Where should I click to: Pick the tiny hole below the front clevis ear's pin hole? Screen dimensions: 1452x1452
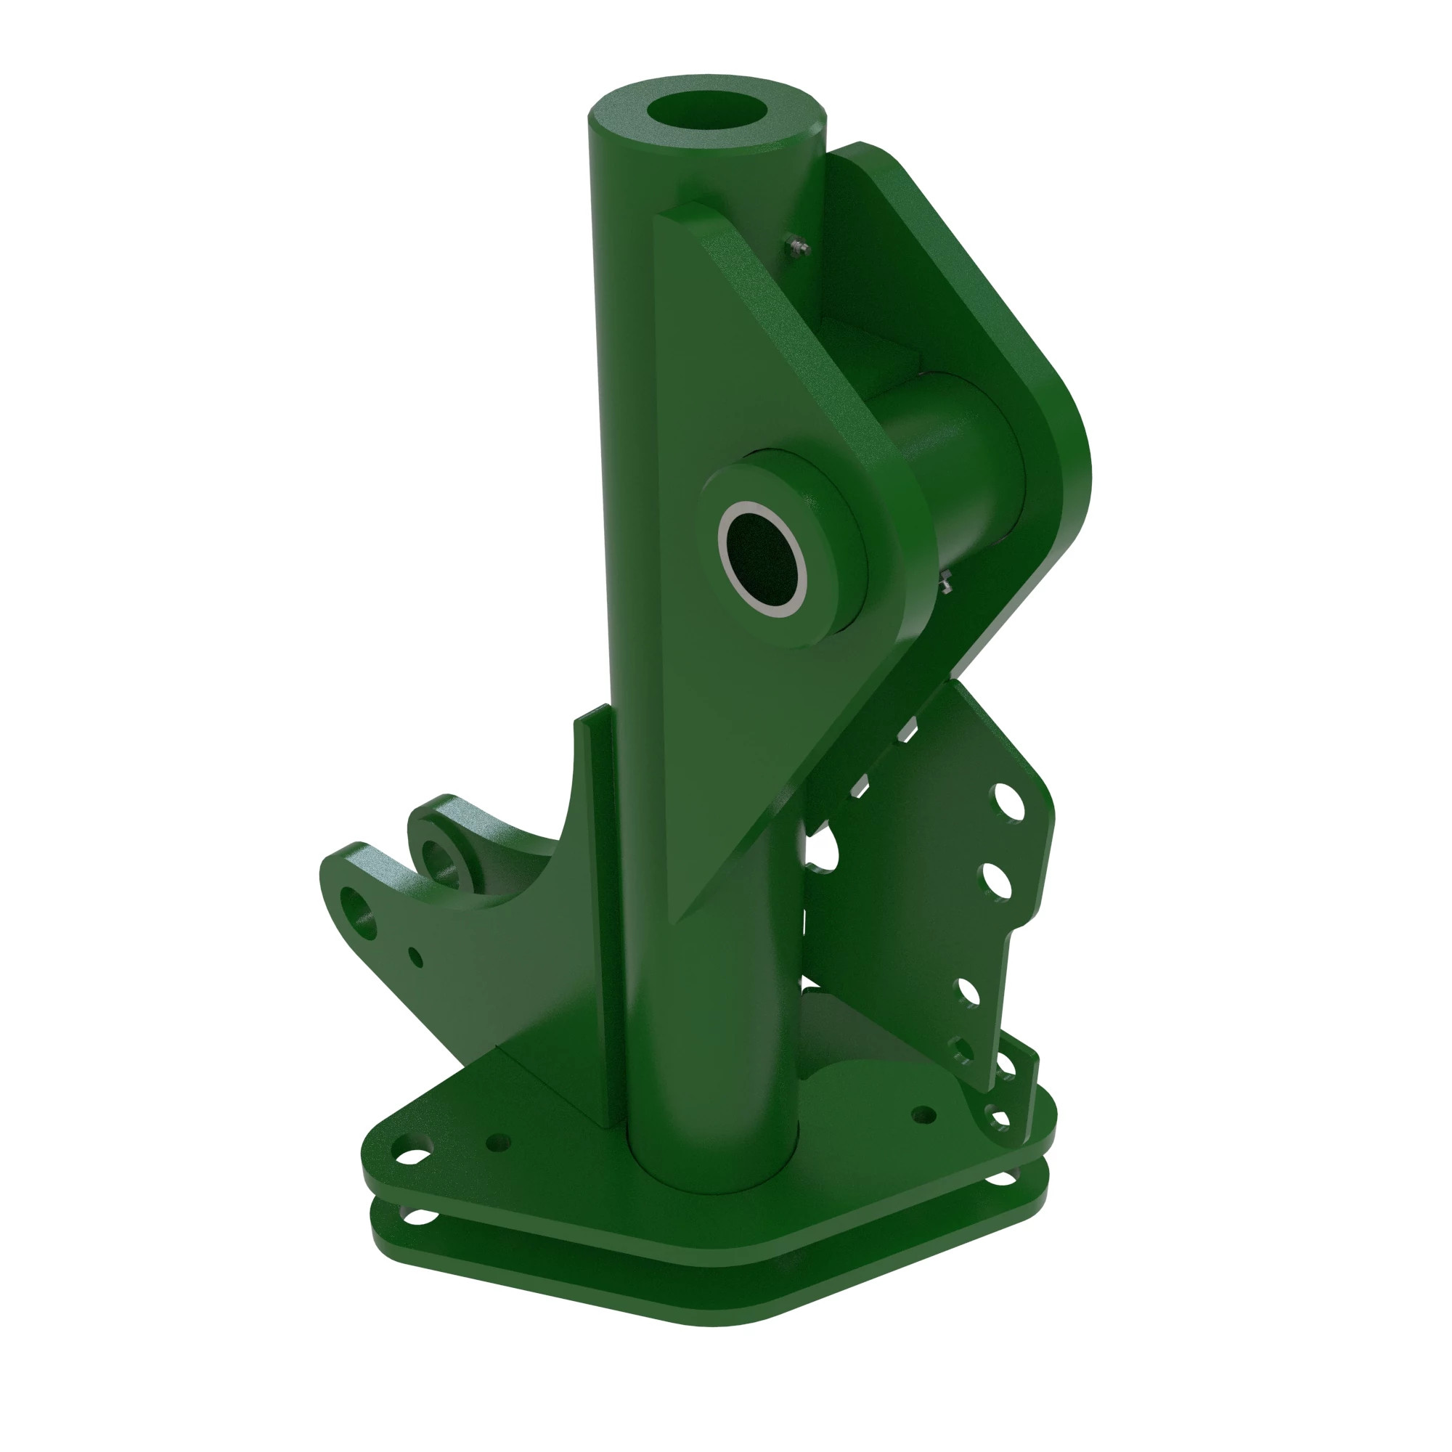414,957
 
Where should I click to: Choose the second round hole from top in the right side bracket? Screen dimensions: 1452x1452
996,881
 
